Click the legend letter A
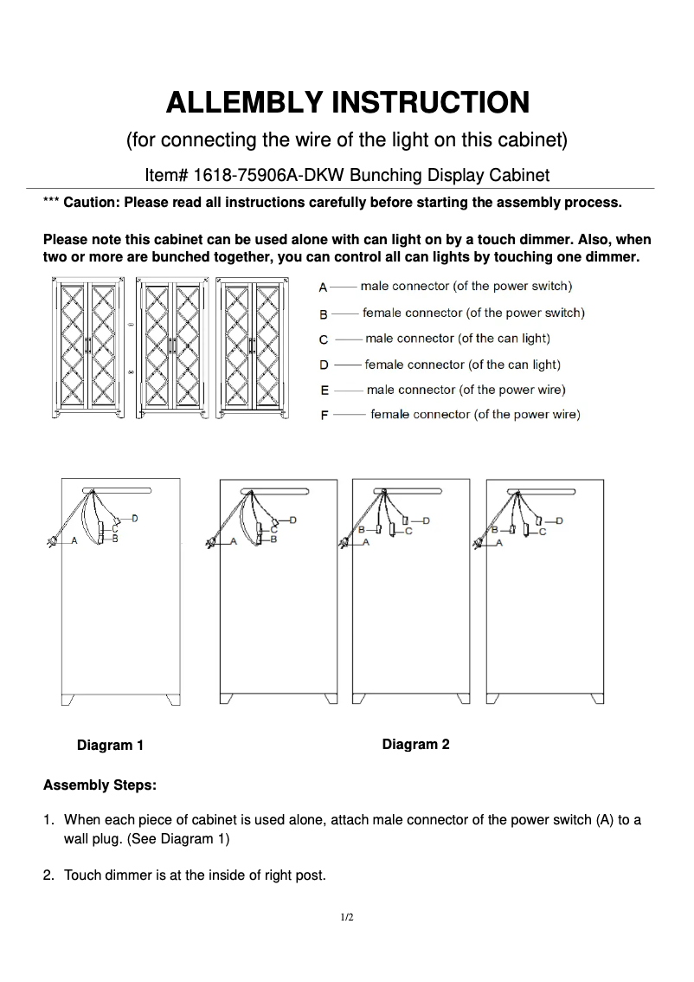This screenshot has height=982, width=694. [x=323, y=287]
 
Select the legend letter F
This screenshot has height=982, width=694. [x=324, y=416]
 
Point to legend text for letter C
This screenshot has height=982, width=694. [x=457, y=339]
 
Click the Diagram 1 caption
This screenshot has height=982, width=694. [x=110, y=745]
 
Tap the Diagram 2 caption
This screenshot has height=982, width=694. [x=415, y=744]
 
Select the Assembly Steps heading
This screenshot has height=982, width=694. [x=100, y=785]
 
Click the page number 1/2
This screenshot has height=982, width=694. [x=347, y=917]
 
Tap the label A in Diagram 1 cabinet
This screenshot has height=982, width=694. [x=74, y=540]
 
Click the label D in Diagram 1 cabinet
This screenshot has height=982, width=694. [x=135, y=518]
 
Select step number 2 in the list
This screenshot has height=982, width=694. [x=48, y=875]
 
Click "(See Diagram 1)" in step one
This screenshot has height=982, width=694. [x=178, y=839]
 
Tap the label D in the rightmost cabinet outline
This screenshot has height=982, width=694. [x=559, y=520]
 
